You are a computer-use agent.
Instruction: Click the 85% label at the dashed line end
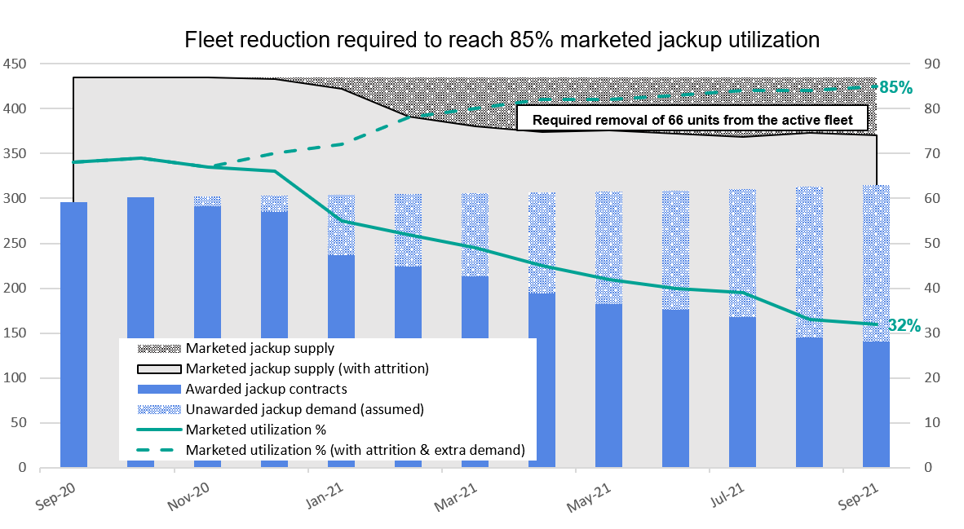point(895,88)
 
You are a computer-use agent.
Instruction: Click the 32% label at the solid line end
point(904,326)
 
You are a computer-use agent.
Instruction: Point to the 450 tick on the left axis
point(15,64)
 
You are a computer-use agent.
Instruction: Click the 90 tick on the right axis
point(931,64)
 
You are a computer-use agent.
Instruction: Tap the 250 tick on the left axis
point(15,244)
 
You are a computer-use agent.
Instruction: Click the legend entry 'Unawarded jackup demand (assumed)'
point(304,409)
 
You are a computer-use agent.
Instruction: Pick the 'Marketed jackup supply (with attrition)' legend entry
point(307,368)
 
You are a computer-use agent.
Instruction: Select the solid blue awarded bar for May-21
point(608,383)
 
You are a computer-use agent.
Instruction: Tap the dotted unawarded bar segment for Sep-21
point(876,261)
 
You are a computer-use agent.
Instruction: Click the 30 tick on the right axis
point(931,333)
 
